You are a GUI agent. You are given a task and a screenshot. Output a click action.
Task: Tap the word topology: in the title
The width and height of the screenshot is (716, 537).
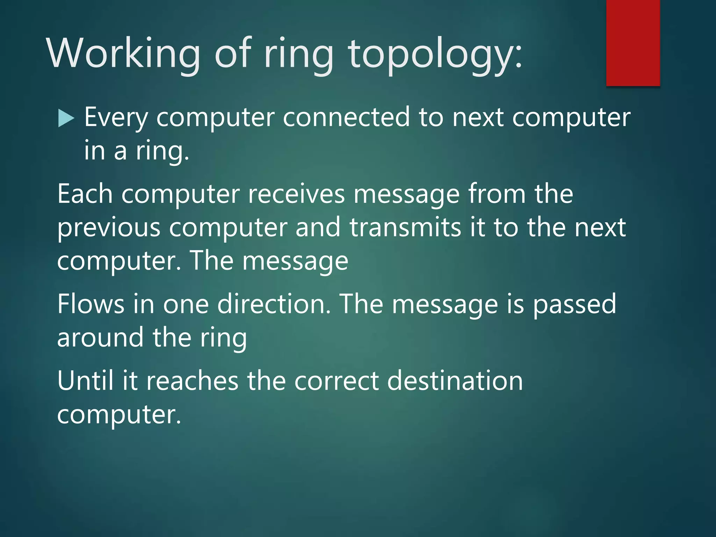[x=435, y=54]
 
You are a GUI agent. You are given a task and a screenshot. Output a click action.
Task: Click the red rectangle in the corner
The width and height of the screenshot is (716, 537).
[x=633, y=43]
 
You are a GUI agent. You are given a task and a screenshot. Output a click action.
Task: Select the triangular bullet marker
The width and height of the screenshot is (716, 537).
[x=66, y=118]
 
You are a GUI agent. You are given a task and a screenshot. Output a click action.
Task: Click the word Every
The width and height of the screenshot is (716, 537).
[x=116, y=117]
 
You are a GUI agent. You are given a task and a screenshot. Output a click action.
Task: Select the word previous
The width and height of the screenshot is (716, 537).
[x=109, y=228]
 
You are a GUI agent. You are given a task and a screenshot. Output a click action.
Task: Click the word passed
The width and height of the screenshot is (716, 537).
[x=574, y=304]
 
